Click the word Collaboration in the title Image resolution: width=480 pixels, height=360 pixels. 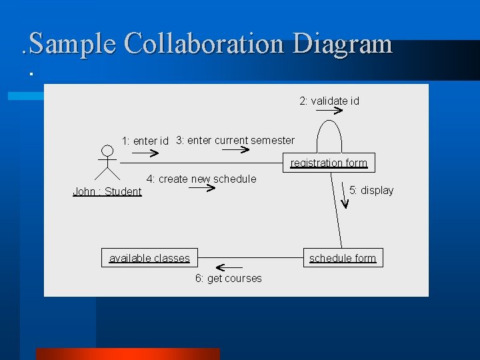point(204,44)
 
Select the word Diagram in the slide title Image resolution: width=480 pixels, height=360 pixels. point(342,44)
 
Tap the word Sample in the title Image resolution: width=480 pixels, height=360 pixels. point(73,44)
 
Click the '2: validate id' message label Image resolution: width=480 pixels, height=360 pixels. point(329,101)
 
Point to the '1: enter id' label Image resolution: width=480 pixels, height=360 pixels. point(145,141)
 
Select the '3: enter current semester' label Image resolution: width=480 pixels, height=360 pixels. point(235,140)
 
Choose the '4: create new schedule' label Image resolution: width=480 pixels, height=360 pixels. point(201,179)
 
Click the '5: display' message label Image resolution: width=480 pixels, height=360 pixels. point(371,190)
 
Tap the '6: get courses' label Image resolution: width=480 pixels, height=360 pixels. point(228,278)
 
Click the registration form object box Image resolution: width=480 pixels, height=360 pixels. point(329,163)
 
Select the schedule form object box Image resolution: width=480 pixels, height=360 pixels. point(343,258)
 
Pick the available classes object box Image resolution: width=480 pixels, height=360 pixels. point(149,258)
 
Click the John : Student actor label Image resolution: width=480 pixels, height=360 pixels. point(107,191)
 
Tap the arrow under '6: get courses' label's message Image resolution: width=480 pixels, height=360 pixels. point(229,267)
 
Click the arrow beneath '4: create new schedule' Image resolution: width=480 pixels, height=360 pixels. point(201,189)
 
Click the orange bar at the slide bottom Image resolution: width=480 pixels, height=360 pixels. point(127,354)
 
